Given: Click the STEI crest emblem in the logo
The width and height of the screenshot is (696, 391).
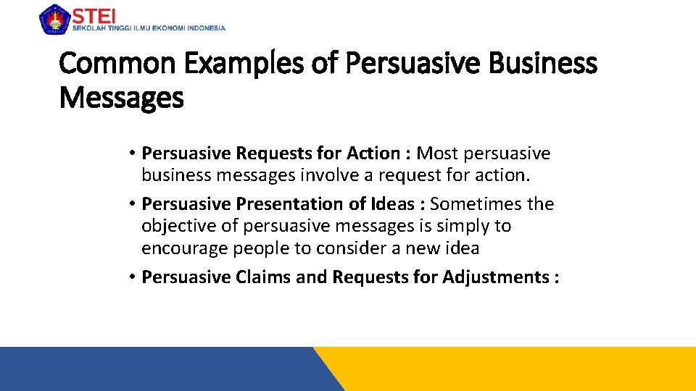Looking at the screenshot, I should pyautogui.click(x=53, y=20).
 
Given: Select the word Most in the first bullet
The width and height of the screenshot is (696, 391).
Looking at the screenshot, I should pyautogui.click(x=437, y=154).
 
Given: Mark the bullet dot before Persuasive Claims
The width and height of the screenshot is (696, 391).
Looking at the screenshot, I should pyautogui.click(x=133, y=277).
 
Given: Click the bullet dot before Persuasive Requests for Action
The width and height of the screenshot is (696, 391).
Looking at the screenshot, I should pyautogui.click(x=133, y=154).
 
